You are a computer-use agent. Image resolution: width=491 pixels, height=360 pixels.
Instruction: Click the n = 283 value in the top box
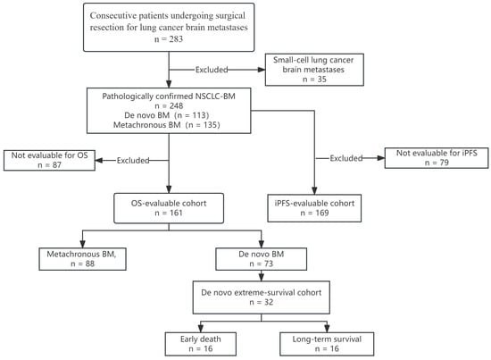169,39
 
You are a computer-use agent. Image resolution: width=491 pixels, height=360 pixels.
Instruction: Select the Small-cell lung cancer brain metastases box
314,70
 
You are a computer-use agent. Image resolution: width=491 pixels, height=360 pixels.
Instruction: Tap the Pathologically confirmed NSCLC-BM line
169,96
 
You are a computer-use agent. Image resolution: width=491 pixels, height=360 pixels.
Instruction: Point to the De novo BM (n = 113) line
167,115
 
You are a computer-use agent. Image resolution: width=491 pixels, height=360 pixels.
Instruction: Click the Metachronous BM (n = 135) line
167,125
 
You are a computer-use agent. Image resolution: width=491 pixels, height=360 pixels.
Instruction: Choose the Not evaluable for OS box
49,161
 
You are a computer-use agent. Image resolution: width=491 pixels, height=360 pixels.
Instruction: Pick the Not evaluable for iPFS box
437,158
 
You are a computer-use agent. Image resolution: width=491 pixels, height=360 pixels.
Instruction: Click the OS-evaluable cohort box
169,208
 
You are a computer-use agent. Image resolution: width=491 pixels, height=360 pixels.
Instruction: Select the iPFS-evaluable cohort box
314,208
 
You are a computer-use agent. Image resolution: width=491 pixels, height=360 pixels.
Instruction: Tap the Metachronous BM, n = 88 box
83,259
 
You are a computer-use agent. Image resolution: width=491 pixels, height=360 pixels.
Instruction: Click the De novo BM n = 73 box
262,259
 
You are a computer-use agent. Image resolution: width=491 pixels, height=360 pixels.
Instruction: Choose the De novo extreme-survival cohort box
262,297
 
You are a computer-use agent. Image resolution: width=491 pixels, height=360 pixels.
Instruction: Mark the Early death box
201,344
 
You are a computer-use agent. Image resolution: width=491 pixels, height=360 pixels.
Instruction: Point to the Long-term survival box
327,344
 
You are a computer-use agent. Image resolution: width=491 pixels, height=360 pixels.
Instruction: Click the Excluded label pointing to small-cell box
212,70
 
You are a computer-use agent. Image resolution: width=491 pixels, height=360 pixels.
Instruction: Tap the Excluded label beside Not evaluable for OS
133,161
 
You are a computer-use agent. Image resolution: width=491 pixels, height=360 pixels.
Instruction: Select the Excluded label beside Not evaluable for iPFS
346,158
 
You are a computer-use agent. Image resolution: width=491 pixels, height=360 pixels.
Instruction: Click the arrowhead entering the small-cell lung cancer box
262,70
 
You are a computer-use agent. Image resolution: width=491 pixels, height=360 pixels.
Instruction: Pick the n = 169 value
314,213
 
